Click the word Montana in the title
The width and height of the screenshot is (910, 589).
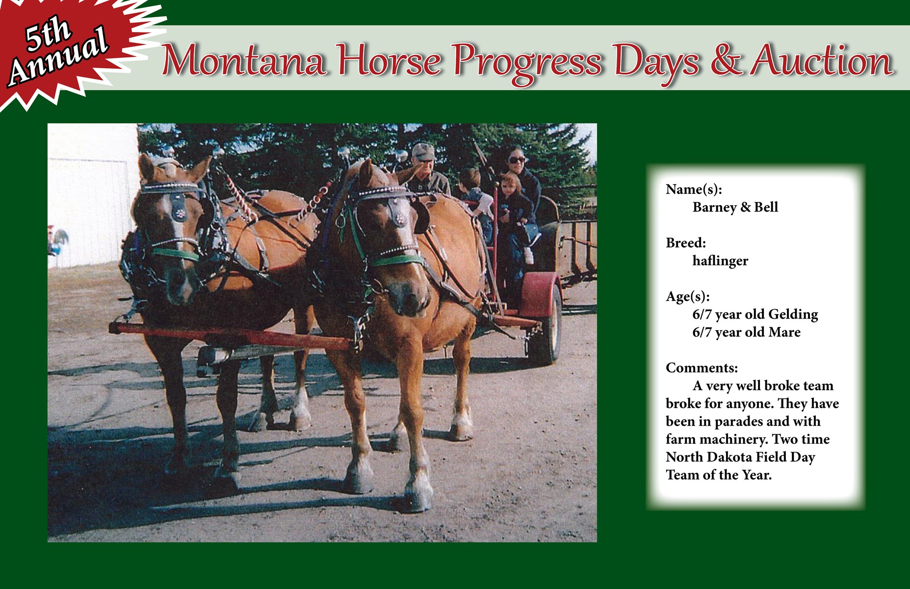[244, 61]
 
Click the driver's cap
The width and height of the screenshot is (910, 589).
[423, 151]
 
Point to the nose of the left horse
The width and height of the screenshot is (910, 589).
[179, 290]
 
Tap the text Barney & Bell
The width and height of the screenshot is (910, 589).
[735, 207]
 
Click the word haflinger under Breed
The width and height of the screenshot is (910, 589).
[720, 261]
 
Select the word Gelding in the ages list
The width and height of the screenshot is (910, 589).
[793, 314]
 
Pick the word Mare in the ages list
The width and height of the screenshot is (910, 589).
[784, 332]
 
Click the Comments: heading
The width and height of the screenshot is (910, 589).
[702, 368]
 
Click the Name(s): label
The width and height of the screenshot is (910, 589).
[694, 189]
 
